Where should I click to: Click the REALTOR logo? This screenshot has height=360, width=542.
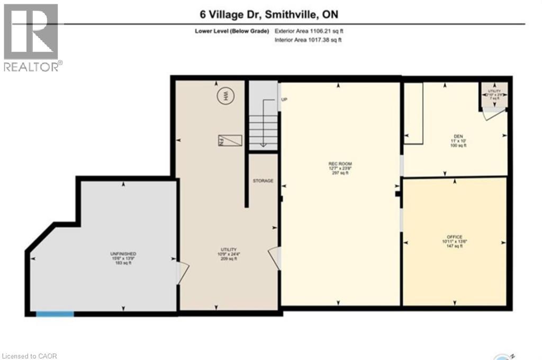32,37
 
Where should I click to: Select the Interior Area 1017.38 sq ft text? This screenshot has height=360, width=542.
308,40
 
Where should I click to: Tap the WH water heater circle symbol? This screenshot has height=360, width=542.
225,96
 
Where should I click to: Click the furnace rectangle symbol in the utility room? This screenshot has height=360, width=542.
230,141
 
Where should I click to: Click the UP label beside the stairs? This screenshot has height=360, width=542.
284,100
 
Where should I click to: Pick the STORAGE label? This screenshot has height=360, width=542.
263,181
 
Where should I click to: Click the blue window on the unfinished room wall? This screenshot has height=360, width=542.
55,314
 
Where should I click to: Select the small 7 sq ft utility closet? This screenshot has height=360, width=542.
494,94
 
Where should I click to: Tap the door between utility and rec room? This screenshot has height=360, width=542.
274,258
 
